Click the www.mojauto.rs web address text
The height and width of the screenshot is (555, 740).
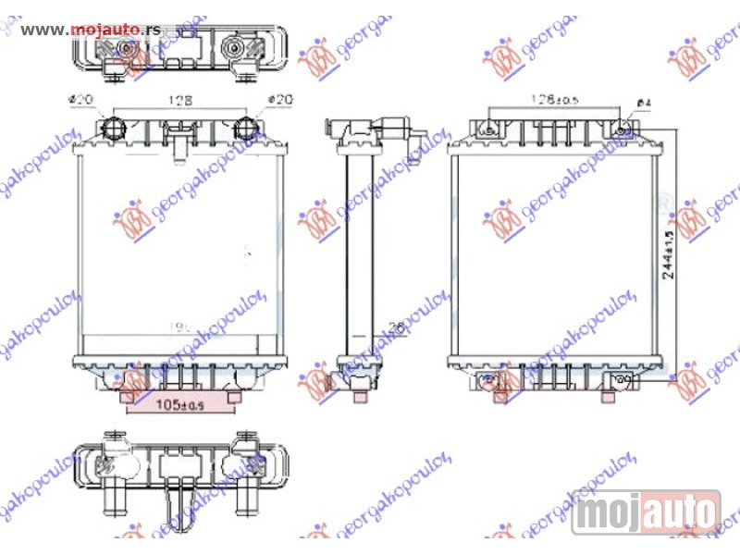[x=90, y=29]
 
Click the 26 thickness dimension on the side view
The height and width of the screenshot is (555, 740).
[x=396, y=327]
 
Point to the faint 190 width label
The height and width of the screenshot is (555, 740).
[x=177, y=327]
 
